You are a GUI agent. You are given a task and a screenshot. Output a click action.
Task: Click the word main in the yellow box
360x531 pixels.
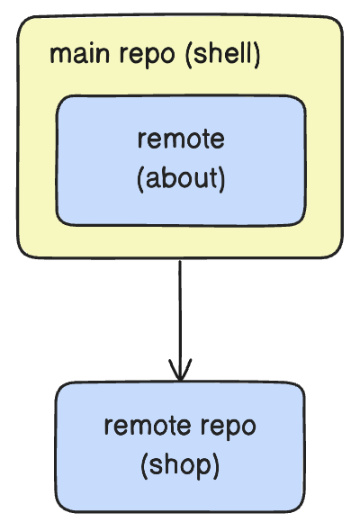79,54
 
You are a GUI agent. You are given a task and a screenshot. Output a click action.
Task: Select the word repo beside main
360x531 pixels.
148,56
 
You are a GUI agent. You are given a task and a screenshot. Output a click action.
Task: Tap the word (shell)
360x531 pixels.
223,54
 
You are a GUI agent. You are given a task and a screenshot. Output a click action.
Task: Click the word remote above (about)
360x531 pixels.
181,139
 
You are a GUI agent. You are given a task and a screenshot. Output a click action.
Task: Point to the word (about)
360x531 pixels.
181,178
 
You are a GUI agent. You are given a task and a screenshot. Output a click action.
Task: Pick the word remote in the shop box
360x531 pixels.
148,426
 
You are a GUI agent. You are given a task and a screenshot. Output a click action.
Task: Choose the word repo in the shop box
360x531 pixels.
229,427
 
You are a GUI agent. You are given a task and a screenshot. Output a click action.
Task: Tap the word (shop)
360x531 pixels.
180,465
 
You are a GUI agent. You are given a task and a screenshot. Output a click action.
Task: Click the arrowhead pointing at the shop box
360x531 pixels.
180,370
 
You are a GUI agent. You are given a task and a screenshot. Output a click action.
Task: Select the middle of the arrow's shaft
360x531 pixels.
180,320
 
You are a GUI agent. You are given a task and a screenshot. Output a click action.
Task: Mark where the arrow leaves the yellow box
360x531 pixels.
180,259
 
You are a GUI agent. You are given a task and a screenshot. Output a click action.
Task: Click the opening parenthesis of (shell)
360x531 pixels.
189,55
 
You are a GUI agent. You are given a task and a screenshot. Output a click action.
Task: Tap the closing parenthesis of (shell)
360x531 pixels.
257,55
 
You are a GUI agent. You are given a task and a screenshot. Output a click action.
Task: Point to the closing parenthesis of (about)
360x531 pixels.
221,179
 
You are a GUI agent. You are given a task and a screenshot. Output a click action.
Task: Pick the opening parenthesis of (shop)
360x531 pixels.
144,466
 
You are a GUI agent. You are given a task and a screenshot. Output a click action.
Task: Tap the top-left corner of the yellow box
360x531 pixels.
18,18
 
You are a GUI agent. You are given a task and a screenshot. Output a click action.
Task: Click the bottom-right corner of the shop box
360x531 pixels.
303,510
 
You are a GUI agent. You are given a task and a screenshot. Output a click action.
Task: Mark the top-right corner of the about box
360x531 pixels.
305,98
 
